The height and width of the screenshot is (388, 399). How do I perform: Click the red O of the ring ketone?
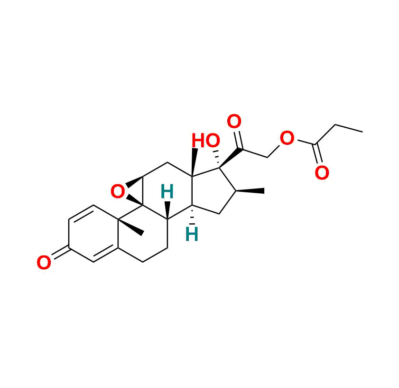(x=44, y=263)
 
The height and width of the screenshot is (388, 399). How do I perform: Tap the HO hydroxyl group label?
(x=205, y=141)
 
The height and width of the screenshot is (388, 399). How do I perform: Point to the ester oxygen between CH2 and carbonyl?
(x=287, y=139)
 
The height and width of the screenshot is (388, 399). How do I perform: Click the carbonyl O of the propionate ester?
(x=322, y=173)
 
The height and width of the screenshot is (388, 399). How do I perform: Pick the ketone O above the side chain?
(x=234, y=122)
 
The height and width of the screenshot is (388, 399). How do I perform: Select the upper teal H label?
(x=167, y=192)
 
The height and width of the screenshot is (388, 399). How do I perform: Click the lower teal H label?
(x=191, y=234)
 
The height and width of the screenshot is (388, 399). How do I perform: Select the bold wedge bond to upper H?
(x=167, y=209)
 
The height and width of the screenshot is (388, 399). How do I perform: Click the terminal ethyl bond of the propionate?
(x=349, y=128)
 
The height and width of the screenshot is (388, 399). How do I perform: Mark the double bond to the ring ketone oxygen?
(x=59, y=254)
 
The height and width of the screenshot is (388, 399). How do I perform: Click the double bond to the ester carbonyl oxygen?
(x=318, y=154)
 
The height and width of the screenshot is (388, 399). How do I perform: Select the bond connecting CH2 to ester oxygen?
(x=274, y=151)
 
